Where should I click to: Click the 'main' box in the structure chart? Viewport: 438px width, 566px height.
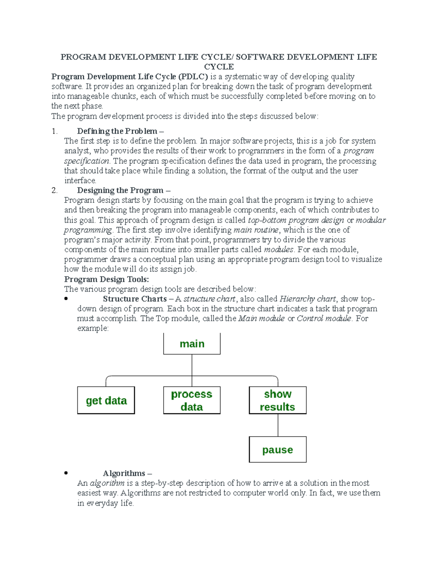click(x=192, y=344)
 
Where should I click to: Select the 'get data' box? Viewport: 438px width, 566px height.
click(x=106, y=401)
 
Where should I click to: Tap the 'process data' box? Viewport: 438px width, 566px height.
click(x=192, y=400)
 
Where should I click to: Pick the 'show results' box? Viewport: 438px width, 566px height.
click(x=277, y=400)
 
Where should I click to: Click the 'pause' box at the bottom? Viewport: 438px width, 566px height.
click(x=277, y=450)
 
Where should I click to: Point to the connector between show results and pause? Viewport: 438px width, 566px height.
click(x=278, y=425)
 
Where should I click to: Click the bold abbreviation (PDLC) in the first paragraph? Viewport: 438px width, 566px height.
click(x=193, y=77)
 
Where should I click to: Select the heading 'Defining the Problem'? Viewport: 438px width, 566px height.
click(x=118, y=131)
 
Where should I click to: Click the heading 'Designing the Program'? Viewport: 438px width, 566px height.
click(x=120, y=190)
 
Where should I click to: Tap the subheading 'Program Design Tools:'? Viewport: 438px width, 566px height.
click(x=106, y=279)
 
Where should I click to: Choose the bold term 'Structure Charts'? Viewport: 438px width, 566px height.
click(x=135, y=299)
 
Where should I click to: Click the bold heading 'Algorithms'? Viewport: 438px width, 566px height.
click(x=124, y=473)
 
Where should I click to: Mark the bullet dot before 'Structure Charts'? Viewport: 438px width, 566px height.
click(x=66, y=299)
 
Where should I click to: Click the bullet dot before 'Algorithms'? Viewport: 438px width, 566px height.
click(x=66, y=473)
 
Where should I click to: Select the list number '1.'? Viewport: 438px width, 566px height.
click(x=54, y=131)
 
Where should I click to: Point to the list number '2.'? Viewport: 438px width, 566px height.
click(x=54, y=190)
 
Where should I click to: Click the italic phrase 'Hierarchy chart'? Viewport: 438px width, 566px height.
click(x=307, y=299)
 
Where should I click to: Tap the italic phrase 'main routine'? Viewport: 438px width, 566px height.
click(x=256, y=230)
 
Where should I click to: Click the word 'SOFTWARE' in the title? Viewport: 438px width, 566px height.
click(x=260, y=57)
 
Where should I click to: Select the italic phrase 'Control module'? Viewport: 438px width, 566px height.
click(x=324, y=319)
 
